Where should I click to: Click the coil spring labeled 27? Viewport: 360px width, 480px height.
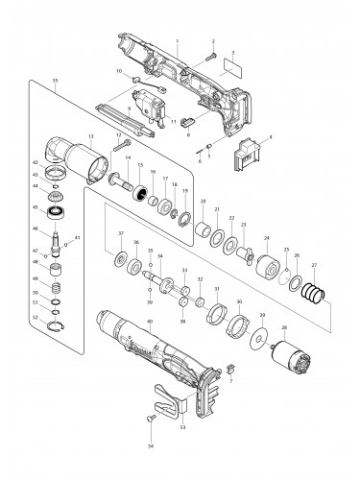(x=314, y=287)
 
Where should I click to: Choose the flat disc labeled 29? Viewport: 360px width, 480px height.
(x=260, y=339)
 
